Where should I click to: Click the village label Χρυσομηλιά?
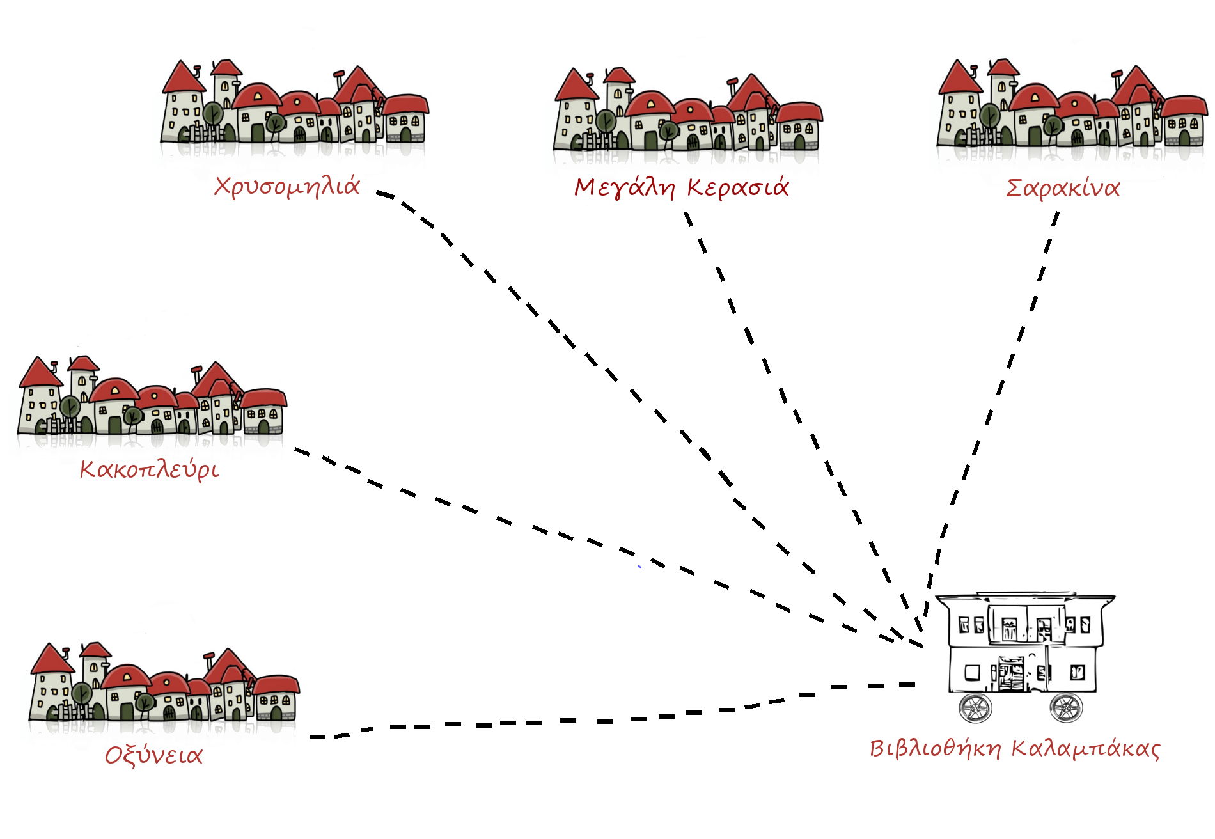pos(287,186)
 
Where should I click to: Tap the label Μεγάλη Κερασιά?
pos(681,187)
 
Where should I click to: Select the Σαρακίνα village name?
pos(1063,188)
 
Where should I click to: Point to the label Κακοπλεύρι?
pos(149,469)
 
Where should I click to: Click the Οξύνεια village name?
pos(153,755)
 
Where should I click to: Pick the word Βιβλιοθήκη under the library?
pos(936,748)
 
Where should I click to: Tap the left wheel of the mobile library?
pos(975,707)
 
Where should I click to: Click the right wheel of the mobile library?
pos(1065,707)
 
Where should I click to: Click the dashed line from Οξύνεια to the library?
pos(576,721)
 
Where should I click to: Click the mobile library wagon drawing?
pos(1023,646)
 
